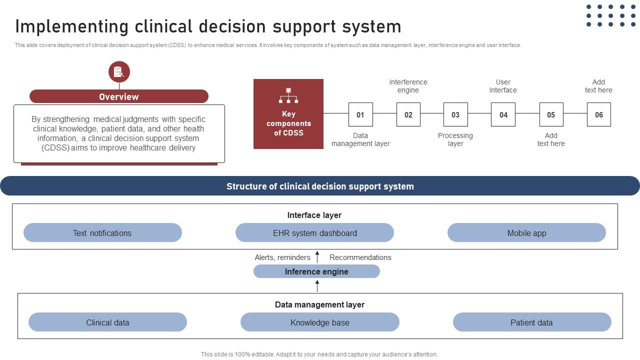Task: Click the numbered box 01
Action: click(x=360, y=114)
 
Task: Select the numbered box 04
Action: click(x=503, y=114)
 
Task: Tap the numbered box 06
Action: click(x=598, y=114)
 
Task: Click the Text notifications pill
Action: click(x=102, y=233)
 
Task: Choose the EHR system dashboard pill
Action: click(x=314, y=233)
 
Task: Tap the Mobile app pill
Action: click(x=526, y=233)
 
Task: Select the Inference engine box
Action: click(x=316, y=271)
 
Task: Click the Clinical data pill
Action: click(x=107, y=322)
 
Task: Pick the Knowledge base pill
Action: click(x=320, y=322)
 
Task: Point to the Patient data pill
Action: click(x=532, y=322)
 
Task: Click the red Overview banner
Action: click(x=119, y=96)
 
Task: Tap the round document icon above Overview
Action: click(x=119, y=72)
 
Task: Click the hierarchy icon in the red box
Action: click(x=288, y=95)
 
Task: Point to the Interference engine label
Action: click(x=408, y=86)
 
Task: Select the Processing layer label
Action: click(x=455, y=139)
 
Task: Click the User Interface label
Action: click(x=503, y=86)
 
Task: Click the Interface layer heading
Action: click(x=314, y=215)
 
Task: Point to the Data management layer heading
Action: click(x=319, y=304)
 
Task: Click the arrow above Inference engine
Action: click(x=317, y=257)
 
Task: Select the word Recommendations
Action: click(x=360, y=257)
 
